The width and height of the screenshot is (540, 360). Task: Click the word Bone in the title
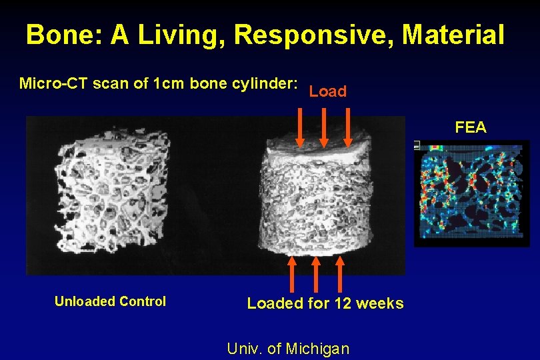pyautogui.click(x=59, y=35)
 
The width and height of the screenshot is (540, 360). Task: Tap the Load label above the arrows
pyautogui.click(x=328, y=92)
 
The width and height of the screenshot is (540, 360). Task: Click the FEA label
pyautogui.click(x=471, y=127)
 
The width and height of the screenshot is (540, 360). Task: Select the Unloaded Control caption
pyautogui.click(x=110, y=301)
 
